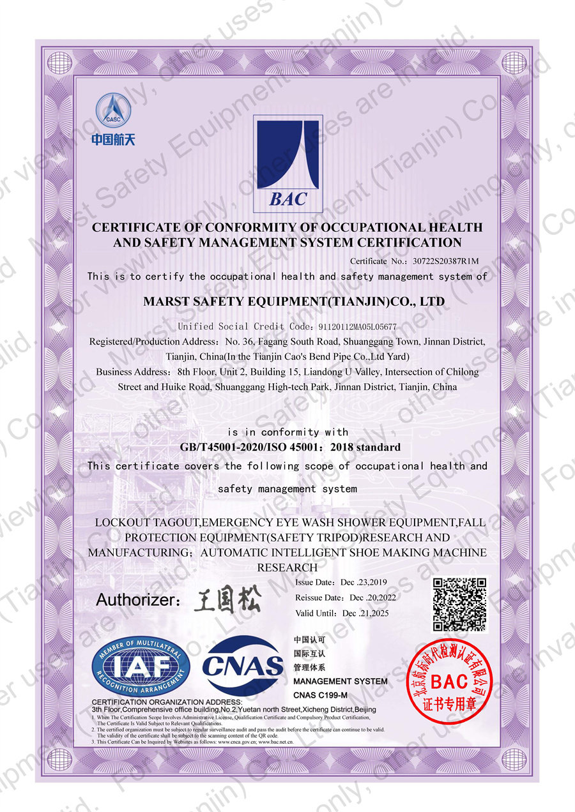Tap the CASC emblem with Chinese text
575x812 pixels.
[113, 119]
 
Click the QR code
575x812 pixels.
[460, 604]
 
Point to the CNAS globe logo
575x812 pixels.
[243, 666]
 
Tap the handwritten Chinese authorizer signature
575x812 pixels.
[227, 599]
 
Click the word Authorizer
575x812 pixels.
[135, 600]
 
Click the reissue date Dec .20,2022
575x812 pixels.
[373, 598]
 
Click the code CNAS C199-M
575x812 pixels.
[320, 695]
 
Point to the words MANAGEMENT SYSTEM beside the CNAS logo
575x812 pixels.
[340, 681]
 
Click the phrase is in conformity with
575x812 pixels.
[287, 432]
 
